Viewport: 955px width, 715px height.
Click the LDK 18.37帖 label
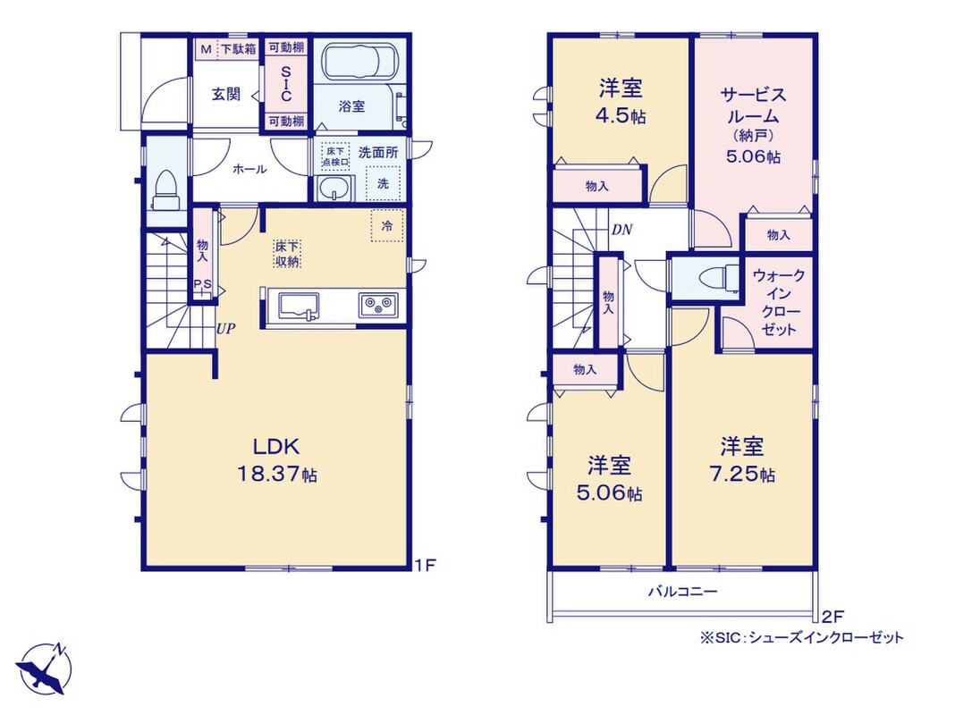click(276, 460)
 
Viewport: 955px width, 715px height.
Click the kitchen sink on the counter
click(299, 306)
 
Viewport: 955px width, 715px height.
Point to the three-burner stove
click(379, 304)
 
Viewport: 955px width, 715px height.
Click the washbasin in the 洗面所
click(334, 189)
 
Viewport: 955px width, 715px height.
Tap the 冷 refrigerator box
click(387, 226)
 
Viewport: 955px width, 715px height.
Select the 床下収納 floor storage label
click(287, 254)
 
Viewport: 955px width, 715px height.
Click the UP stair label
click(226, 329)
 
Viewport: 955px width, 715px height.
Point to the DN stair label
click(621, 230)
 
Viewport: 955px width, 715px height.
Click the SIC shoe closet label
click(286, 84)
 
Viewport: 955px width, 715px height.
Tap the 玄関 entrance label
click(226, 95)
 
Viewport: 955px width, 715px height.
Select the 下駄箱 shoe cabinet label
click(238, 49)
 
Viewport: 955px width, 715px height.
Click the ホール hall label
click(249, 169)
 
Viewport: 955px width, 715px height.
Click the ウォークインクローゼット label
click(779, 302)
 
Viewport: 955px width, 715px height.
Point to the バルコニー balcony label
click(683, 590)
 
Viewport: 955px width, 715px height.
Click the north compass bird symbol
click(44, 669)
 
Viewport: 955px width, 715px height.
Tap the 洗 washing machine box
click(383, 183)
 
